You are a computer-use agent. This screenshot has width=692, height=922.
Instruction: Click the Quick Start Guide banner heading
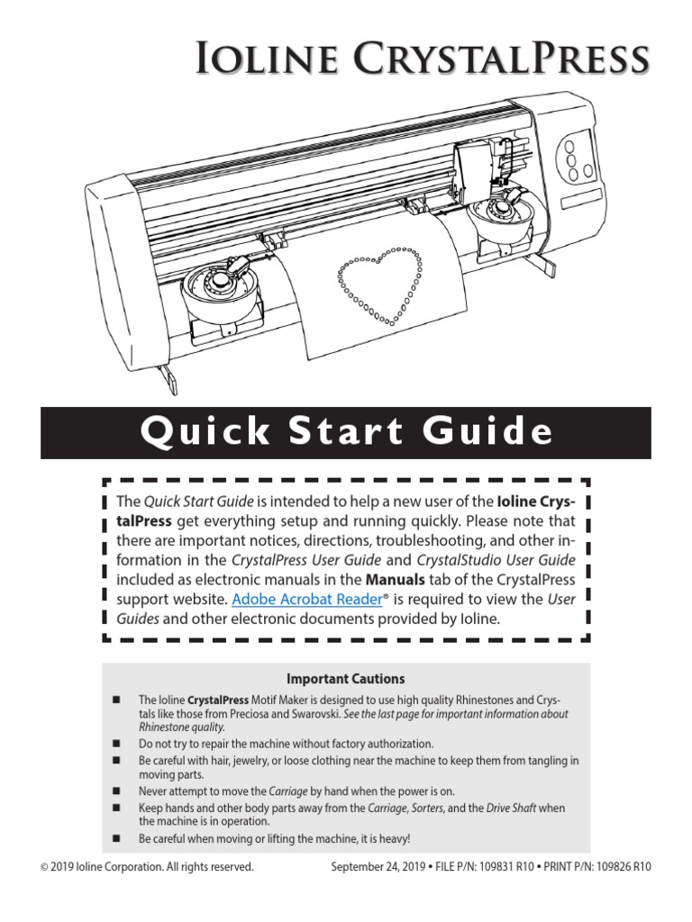pos(346,433)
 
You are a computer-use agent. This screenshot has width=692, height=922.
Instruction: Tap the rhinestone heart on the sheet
pos(379,287)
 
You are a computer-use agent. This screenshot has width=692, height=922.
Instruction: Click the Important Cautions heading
pos(345,678)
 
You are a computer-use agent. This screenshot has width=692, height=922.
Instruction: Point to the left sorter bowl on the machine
pos(219,291)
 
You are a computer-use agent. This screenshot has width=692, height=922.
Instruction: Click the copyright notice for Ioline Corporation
pos(147,867)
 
